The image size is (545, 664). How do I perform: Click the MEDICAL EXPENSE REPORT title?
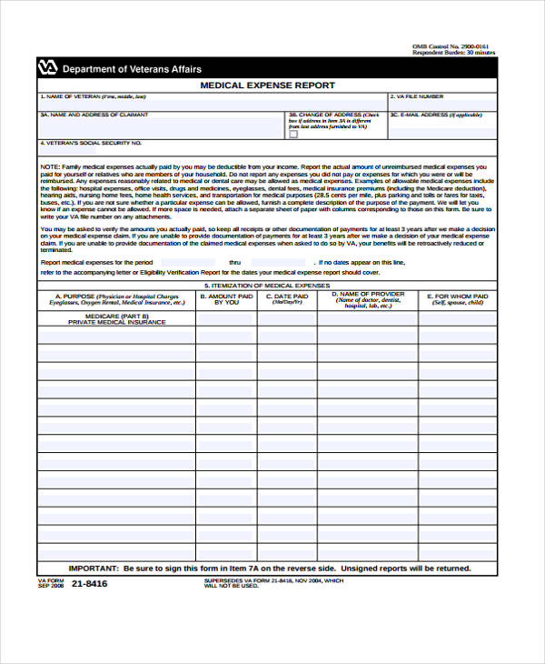click(x=267, y=86)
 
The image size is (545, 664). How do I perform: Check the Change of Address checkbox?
click(x=293, y=134)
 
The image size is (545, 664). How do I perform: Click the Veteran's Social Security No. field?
click(x=267, y=151)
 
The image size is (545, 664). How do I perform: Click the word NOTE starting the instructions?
click(x=50, y=168)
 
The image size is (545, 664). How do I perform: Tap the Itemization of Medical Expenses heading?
click(x=267, y=285)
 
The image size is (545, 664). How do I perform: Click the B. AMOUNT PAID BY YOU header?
click(x=225, y=298)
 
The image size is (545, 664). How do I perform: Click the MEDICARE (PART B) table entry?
click(x=116, y=315)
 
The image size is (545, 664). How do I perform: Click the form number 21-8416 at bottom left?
click(x=88, y=583)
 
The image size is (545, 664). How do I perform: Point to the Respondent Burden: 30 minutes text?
click(x=454, y=53)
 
